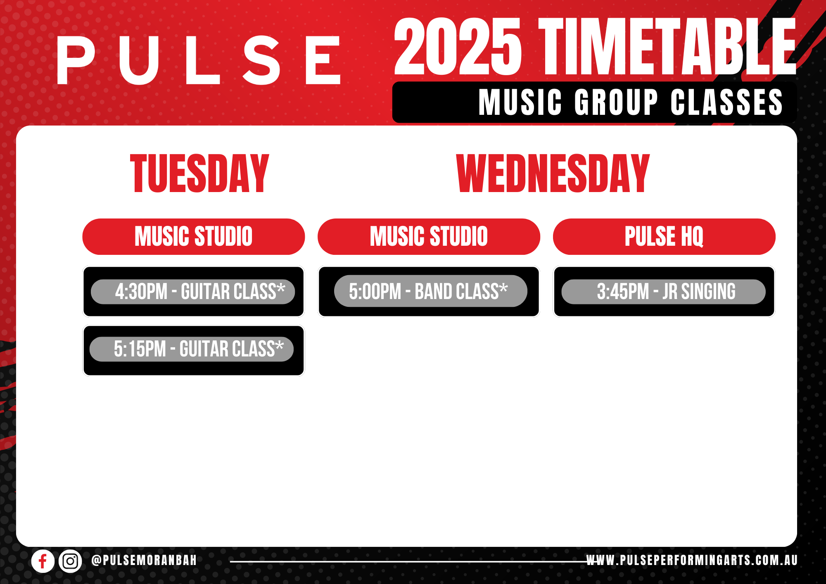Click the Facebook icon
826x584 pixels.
pos(43,561)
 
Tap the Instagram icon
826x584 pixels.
pos(70,561)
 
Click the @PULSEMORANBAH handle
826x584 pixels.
pos(144,560)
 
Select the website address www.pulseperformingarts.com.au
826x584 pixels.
pos(692,560)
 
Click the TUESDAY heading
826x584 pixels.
pos(199,173)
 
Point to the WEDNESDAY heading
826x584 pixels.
pos(553,173)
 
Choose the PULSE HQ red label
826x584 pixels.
pos(664,237)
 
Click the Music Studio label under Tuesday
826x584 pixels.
pos(194,237)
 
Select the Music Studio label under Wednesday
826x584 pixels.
pos(429,237)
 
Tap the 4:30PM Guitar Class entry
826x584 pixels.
pos(193,292)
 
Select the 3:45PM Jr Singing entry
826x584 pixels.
pos(664,292)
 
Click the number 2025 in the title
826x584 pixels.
pos(458,47)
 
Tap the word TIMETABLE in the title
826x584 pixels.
pos(667,47)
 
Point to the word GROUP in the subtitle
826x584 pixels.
pos(616,102)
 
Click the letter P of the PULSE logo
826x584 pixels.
pos(76,60)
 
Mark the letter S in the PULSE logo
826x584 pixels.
pos(261,60)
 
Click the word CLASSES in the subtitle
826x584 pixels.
pos(727,102)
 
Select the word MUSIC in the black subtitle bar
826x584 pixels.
pos(520,102)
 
